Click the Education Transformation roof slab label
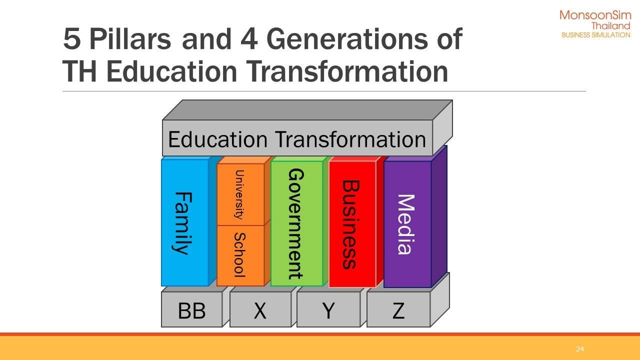(x=297, y=139)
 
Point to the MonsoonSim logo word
(x=595, y=15)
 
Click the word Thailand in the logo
(x=611, y=26)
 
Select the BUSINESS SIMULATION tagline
(x=596, y=35)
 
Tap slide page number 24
(x=579, y=349)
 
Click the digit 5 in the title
(x=71, y=39)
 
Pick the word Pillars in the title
(x=130, y=39)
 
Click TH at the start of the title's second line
(x=79, y=71)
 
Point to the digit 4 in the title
(x=249, y=39)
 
